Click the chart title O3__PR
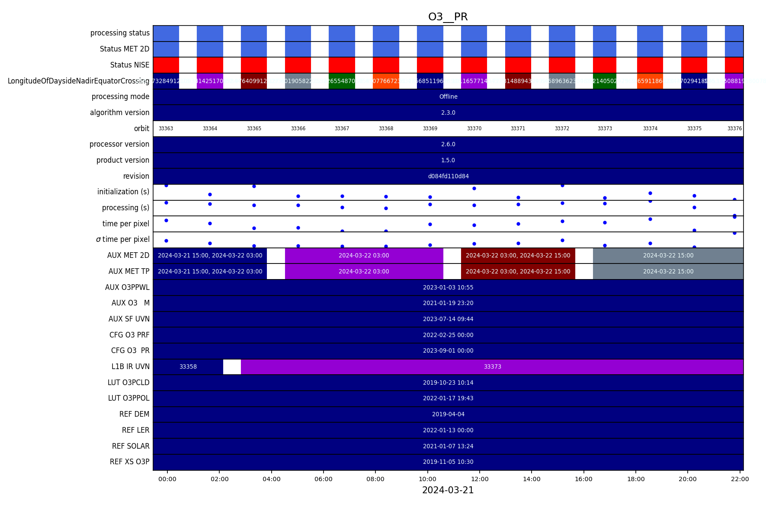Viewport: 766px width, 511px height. pyautogui.click(x=448, y=17)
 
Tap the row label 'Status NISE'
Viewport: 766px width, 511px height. pyautogui.click(x=129, y=65)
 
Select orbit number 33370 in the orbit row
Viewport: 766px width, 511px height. pyautogui.click(x=474, y=129)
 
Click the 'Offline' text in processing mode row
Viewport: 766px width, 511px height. pyautogui.click(x=448, y=96)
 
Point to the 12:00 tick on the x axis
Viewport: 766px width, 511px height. pyautogui.click(x=480, y=479)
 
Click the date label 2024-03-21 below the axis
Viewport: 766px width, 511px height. pyautogui.click(x=448, y=490)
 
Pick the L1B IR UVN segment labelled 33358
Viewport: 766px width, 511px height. pyautogui.click(x=188, y=366)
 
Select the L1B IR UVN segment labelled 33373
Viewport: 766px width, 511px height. pyautogui.click(x=492, y=366)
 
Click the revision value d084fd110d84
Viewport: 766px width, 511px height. pyautogui.click(x=448, y=176)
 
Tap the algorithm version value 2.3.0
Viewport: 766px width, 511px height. pyautogui.click(x=448, y=112)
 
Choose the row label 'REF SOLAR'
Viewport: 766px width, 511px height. pyautogui.click(x=131, y=446)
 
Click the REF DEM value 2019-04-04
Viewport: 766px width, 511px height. pyautogui.click(x=448, y=414)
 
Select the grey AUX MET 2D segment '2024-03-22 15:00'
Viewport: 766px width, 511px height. pyautogui.click(x=668, y=255)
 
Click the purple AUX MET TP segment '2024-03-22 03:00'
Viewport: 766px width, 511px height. pyautogui.click(x=364, y=271)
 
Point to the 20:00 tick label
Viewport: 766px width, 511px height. pyautogui.click(x=688, y=479)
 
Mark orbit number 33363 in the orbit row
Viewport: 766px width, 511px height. pyautogui.click(x=166, y=129)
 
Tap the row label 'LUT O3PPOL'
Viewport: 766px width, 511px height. pyautogui.click(x=128, y=398)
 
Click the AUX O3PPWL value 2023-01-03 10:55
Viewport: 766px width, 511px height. pyautogui.click(x=448, y=287)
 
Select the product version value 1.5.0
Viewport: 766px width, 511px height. pyautogui.click(x=448, y=160)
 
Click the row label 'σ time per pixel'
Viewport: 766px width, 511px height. pyautogui.click(x=122, y=239)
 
